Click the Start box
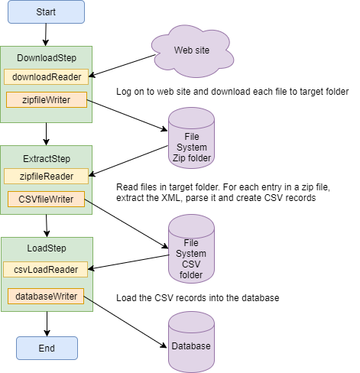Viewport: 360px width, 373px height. (x=46, y=12)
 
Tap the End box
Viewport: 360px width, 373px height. (x=47, y=348)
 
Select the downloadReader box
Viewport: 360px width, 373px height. (x=46, y=76)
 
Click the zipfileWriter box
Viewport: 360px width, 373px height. (x=47, y=100)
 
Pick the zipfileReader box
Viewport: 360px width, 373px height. (x=46, y=176)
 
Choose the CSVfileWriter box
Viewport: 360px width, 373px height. (x=46, y=199)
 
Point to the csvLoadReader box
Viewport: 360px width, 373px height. (x=45, y=269)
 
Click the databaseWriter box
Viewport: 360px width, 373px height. (x=46, y=296)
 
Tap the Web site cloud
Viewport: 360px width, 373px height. (x=193, y=51)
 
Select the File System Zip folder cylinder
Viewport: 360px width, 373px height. (x=191, y=138)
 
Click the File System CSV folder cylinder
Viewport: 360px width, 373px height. (x=191, y=248)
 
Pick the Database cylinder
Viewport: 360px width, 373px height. (x=191, y=342)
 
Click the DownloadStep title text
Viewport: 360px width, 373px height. (x=47, y=58)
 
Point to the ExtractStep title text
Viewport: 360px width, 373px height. (x=47, y=159)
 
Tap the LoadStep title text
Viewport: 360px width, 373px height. (x=47, y=248)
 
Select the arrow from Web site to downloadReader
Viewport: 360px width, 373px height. (x=122, y=66)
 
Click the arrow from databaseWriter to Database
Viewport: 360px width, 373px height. (x=125, y=322)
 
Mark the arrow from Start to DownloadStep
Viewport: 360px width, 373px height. (x=46, y=34)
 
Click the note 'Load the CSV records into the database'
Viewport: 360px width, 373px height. (x=198, y=298)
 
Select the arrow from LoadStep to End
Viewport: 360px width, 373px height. (x=47, y=324)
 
